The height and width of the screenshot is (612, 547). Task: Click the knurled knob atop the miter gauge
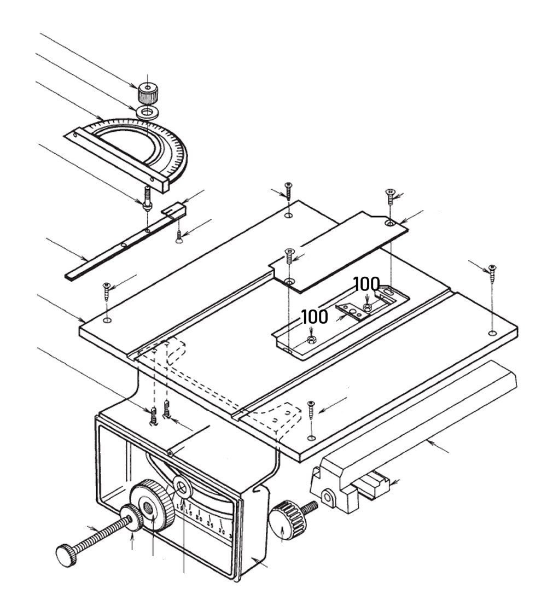pyautogui.click(x=147, y=94)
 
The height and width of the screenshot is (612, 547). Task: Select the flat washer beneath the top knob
pyautogui.click(x=147, y=113)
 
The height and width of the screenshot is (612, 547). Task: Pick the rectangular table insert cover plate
pyautogui.click(x=339, y=249)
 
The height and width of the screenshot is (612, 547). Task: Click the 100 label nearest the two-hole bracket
pyautogui.click(x=366, y=284)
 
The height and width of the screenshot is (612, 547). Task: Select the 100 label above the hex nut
pyautogui.click(x=315, y=317)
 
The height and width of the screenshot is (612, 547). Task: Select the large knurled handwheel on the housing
pyautogui.click(x=153, y=504)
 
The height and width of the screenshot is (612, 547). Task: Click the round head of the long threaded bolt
pyautogui.click(x=67, y=556)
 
